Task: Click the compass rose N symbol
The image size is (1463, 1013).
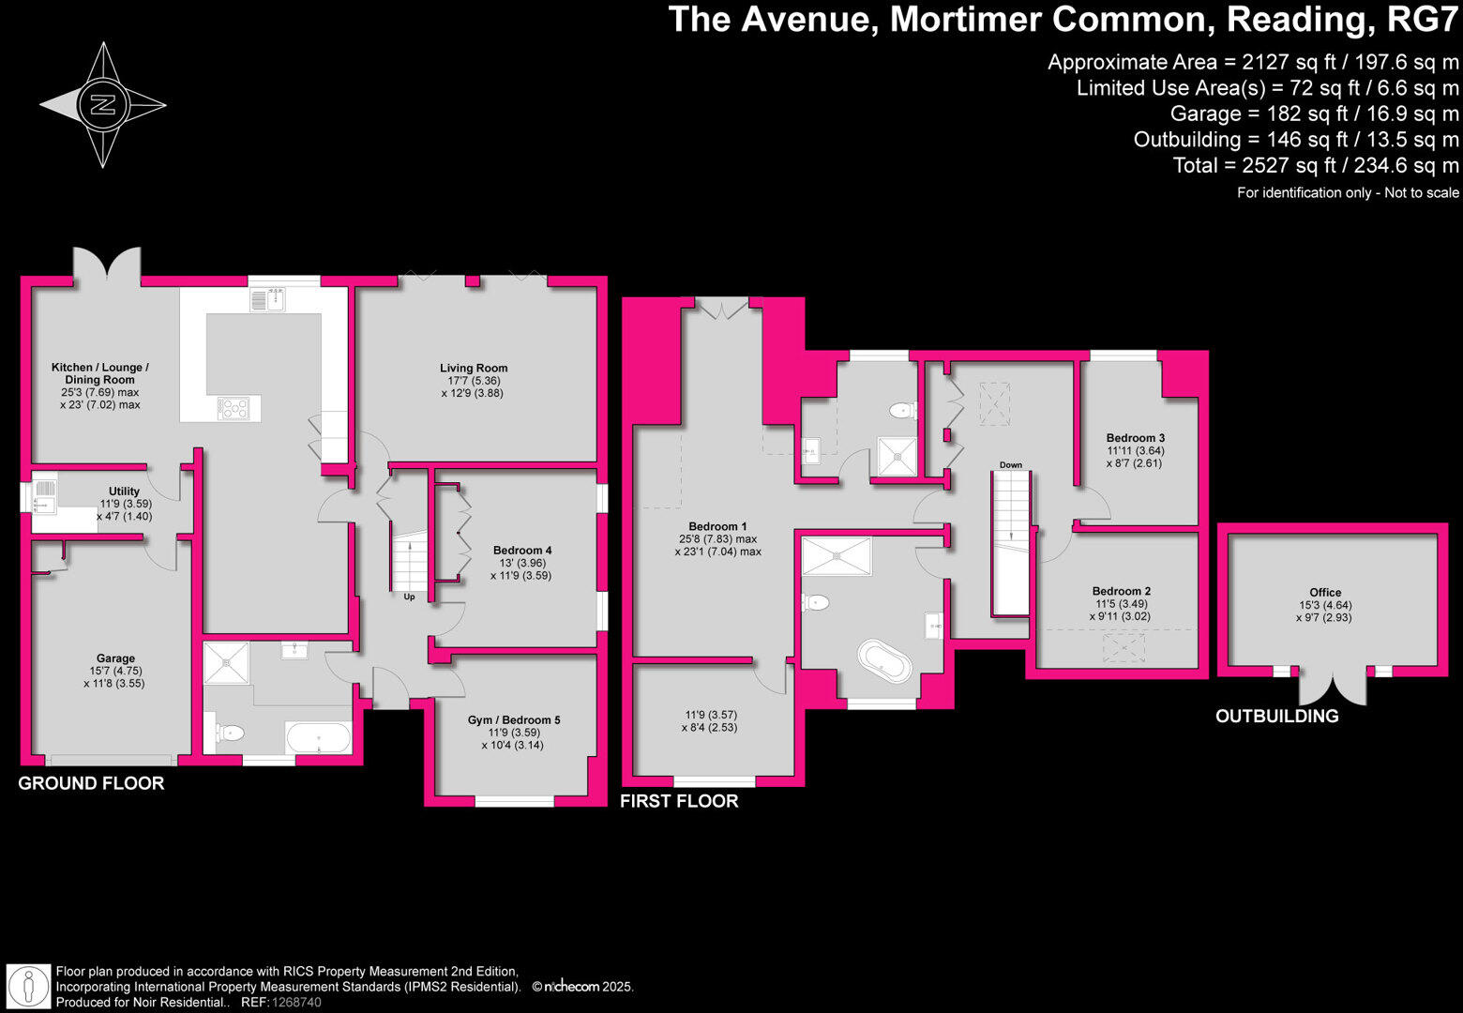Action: point(102,104)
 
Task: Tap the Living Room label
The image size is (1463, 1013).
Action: point(474,369)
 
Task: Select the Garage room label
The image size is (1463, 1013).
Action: point(115,658)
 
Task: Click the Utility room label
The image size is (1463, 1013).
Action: point(124,491)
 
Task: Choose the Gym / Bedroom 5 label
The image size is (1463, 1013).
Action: point(513,720)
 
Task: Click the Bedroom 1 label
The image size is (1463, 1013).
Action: point(717,527)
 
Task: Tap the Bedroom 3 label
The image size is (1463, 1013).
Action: point(1135,438)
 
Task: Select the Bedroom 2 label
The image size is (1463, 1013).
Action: point(1121,592)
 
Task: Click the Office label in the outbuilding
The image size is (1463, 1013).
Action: point(1324,593)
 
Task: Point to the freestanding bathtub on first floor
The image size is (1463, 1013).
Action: point(884,664)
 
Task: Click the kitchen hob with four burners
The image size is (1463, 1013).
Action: point(234,409)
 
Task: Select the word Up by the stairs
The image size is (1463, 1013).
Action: point(409,597)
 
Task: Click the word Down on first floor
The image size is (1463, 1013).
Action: point(1010,465)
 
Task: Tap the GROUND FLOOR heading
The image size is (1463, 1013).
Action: point(91,783)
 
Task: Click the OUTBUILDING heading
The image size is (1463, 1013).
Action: point(1276,717)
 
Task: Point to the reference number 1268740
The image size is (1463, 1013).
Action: point(295,1003)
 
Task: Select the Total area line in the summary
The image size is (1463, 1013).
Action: point(1315,166)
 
